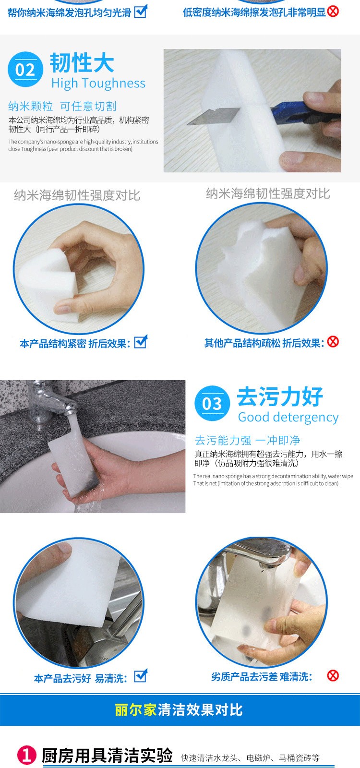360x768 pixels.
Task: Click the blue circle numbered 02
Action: pyautogui.click(x=25, y=69)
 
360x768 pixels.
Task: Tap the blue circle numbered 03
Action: pyautogui.click(x=212, y=403)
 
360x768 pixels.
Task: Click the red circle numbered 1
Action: pyautogui.click(x=27, y=755)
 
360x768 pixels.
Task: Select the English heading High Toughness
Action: pyautogui.click(x=98, y=84)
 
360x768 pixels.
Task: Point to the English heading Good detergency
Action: pyautogui.click(x=288, y=417)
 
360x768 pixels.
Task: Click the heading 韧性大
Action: pyautogui.click(x=82, y=63)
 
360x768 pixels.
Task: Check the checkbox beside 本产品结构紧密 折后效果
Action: pyautogui.click(x=141, y=341)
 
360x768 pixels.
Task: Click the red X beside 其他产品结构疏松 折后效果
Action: pyautogui.click(x=333, y=341)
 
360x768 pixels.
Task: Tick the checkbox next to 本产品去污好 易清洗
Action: pyautogui.click(x=141, y=676)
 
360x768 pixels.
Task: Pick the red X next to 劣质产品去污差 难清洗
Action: pyautogui.click(x=333, y=676)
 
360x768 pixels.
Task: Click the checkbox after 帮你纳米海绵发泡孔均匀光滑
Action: pyautogui.click(x=141, y=12)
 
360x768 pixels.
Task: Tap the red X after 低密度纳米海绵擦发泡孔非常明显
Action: pyautogui.click(x=333, y=12)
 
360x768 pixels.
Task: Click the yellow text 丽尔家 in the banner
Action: pyautogui.click(x=136, y=710)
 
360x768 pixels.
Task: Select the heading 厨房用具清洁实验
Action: pyautogui.click(x=107, y=756)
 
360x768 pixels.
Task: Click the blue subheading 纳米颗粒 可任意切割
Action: pyautogui.click(x=62, y=106)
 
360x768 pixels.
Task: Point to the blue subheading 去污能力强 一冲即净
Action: pyautogui.click(x=248, y=440)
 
